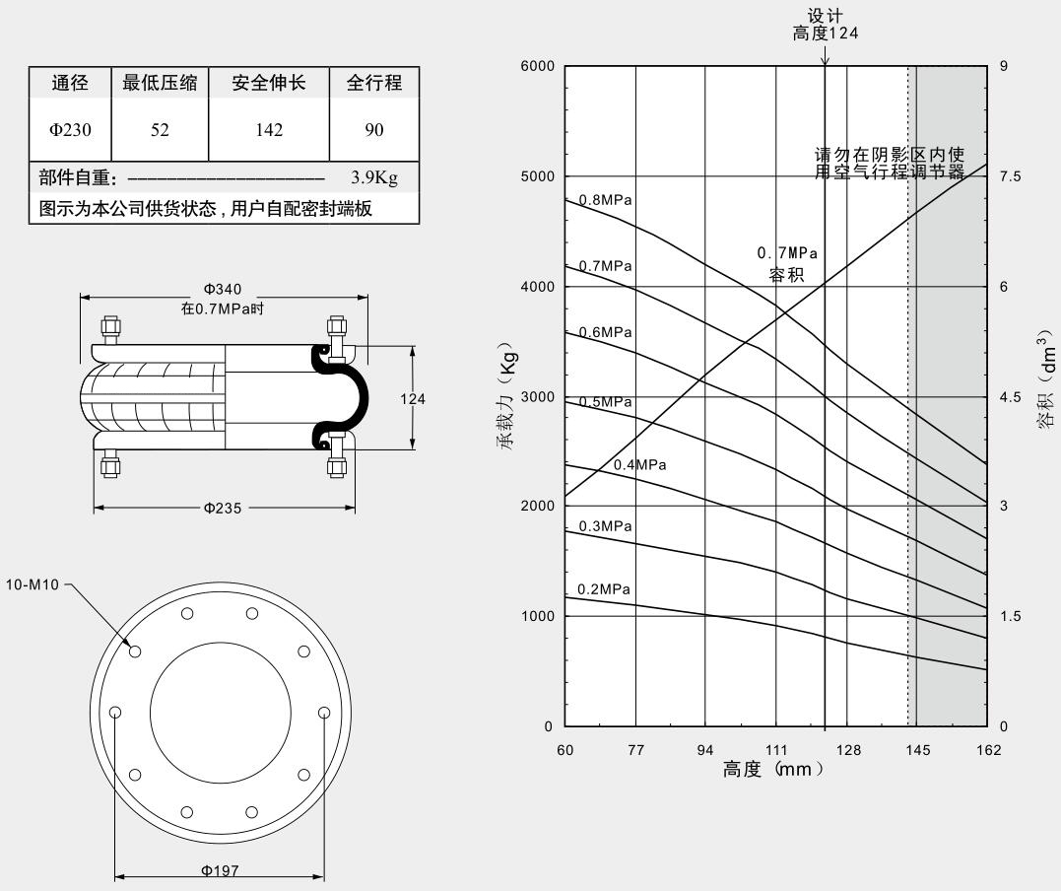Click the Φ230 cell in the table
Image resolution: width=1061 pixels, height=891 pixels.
coord(71,129)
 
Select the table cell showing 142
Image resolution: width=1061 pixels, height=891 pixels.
coord(268,129)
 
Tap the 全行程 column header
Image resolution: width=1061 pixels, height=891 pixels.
coord(374,83)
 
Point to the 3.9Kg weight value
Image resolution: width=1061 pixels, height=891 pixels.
coord(373,178)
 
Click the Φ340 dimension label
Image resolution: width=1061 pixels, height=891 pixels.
coord(223,289)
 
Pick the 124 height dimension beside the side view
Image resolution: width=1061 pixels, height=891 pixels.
coord(413,398)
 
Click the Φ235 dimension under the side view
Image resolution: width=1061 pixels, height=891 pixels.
coord(223,509)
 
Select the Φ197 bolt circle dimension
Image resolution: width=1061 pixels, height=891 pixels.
coord(221,870)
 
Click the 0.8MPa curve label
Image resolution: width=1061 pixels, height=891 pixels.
coord(605,200)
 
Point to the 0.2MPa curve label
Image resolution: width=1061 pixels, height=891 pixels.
coord(604,589)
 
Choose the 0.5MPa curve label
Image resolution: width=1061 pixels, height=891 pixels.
coord(605,401)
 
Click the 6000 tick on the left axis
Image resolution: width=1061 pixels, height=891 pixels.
coord(537,66)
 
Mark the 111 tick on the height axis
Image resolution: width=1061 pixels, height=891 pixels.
coord(776,750)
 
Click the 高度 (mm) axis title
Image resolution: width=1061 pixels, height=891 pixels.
coord(772,770)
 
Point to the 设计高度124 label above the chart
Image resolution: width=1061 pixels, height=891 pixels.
coord(826,25)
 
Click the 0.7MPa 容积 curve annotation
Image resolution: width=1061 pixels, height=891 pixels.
coord(786,264)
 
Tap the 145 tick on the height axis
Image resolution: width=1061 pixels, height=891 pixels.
coord(917,750)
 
